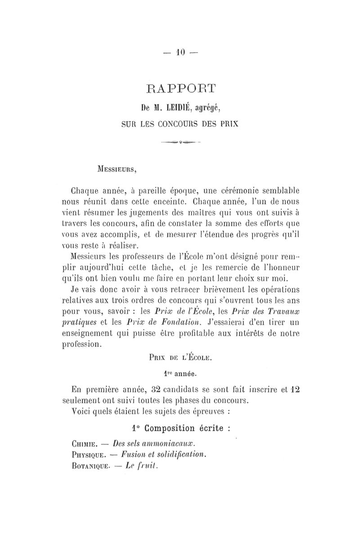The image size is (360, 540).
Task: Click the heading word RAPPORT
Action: (x=180, y=86)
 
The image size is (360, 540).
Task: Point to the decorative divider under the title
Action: (x=180, y=144)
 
